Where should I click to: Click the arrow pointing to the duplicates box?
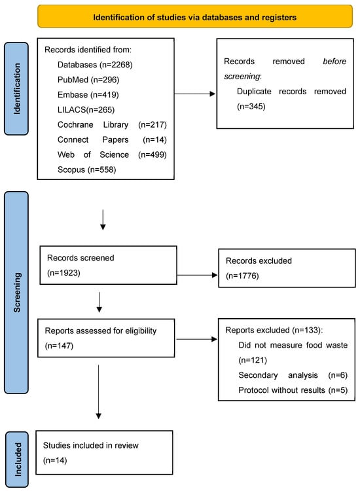pos(194,94)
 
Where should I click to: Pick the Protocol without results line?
pos(291,390)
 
